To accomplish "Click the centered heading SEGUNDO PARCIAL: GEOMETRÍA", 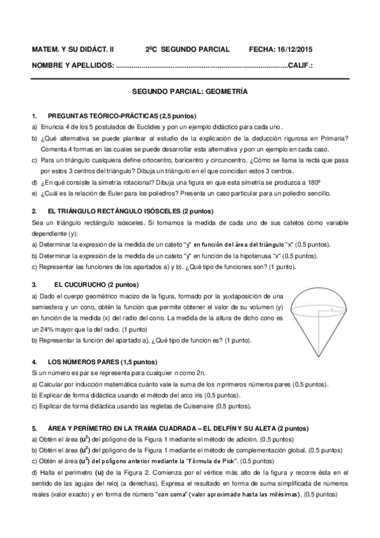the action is pos(190,91).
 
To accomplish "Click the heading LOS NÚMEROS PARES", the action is pos(83,361).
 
